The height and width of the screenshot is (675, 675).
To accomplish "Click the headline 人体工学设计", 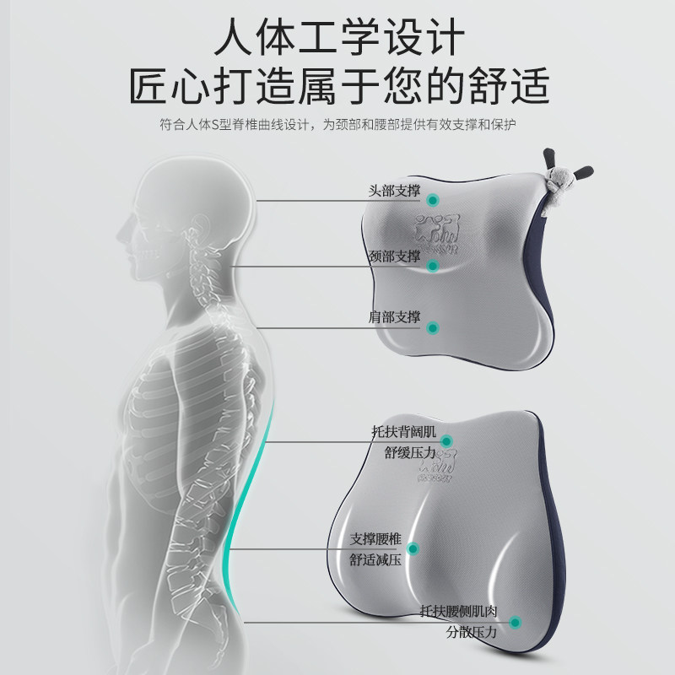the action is (337, 38).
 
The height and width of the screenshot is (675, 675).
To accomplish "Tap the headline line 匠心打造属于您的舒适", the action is (337, 87).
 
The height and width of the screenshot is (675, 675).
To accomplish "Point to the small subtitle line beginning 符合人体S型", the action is (337, 125).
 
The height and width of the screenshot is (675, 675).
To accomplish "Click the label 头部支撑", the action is (394, 192).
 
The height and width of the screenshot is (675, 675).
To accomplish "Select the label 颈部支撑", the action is (394, 255).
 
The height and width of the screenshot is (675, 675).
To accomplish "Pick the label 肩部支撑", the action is (394, 317).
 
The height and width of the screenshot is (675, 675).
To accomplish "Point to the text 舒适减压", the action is (375, 559).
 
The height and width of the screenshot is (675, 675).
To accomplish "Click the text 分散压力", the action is (473, 630).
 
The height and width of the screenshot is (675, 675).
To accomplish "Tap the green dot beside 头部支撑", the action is (433, 200).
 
